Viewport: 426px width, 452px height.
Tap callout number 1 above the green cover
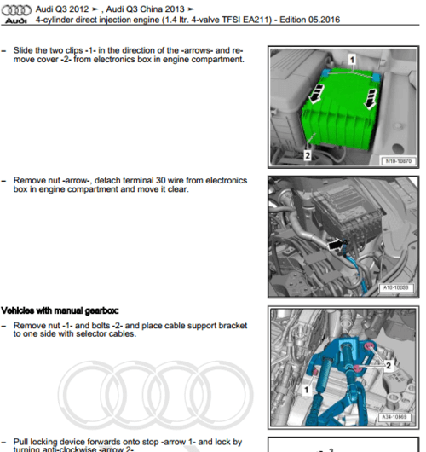[349, 60]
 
